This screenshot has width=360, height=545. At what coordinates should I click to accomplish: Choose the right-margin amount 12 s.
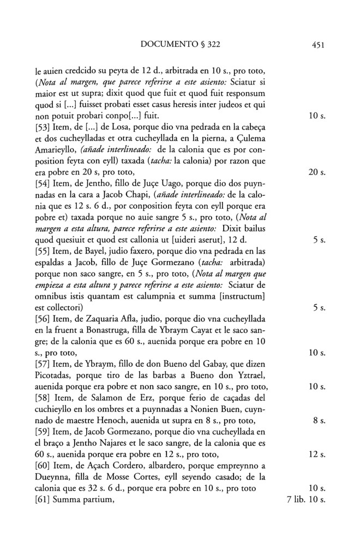[316, 453]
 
